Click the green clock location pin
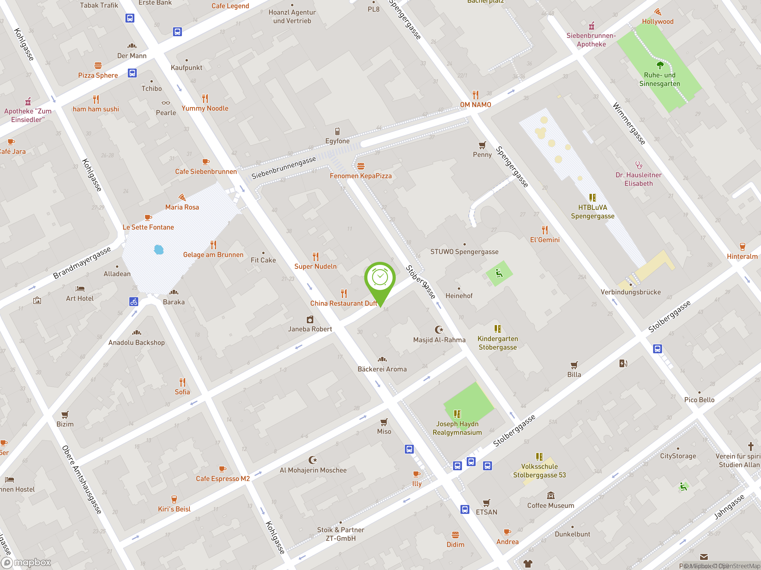[x=380, y=278]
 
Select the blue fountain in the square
[x=159, y=249]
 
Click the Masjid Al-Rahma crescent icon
[x=439, y=330]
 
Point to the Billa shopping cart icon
[x=574, y=365]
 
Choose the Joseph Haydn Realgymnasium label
[x=457, y=428]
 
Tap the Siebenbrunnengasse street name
[x=284, y=168]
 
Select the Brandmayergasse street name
[x=82, y=263]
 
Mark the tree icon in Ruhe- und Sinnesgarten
[x=660, y=65]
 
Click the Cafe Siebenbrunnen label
[x=206, y=172]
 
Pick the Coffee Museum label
[x=551, y=505]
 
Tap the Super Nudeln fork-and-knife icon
[x=315, y=256]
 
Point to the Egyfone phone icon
[x=337, y=131]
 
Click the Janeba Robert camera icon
[x=310, y=319]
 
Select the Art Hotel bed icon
[x=80, y=289]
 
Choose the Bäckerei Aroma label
[x=382, y=369]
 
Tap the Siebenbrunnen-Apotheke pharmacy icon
[x=591, y=26]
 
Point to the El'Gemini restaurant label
[x=545, y=240]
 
